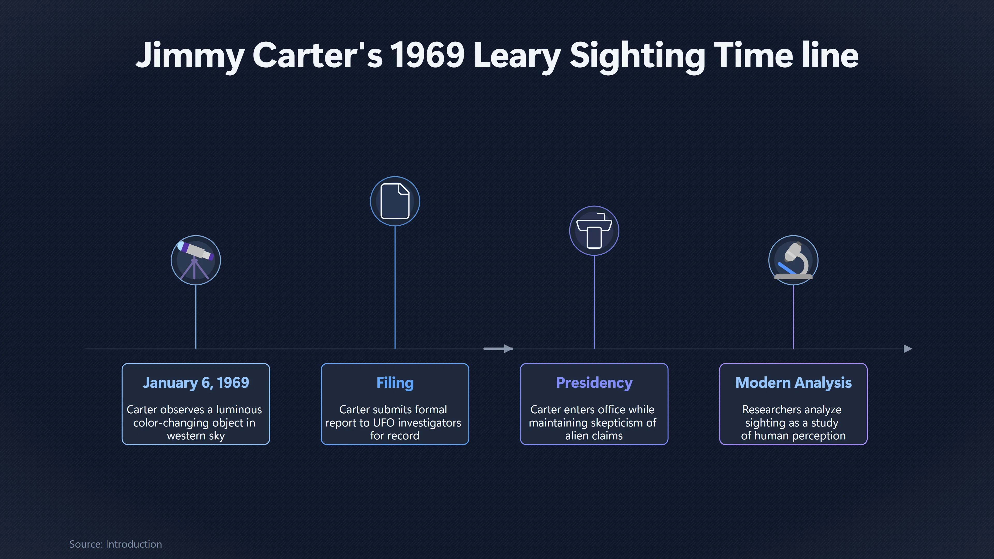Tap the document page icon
(395, 201)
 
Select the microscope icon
(793, 260)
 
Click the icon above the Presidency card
(594, 230)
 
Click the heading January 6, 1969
(196, 383)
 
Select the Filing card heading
(395, 383)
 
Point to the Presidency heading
(594, 383)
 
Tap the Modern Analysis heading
(793, 383)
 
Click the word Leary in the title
(517, 56)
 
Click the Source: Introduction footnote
(115, 544)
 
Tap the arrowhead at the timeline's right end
(908, 349)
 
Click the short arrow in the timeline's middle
(498, 349)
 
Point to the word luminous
(239, 409)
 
